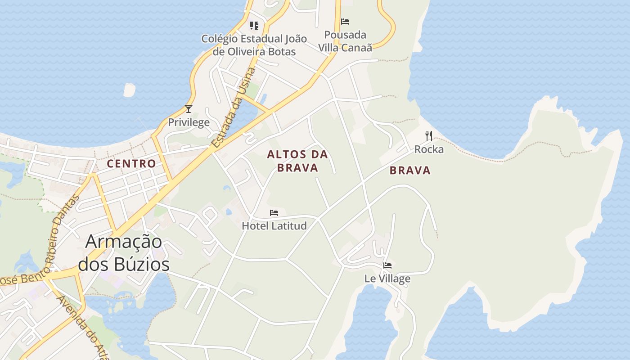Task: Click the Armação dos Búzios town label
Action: pyautogui.click(x=124, y=253)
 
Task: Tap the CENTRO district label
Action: pyautogui.click(x=131, y=164)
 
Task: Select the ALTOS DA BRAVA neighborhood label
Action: pyautogui.click(x=297, y=161)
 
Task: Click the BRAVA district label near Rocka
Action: pyautogui.click(x=410, y=171)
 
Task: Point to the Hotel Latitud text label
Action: pyautogui.click(x=274, y=225)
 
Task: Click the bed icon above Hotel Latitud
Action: pyautogui.click(x=274, y=213)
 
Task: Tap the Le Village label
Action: pyautogui.click(x=387, y=279)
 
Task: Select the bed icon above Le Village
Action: pyautogui.click(x=387, y=265)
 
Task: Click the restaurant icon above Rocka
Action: pyautogui.click(x=429, y=135)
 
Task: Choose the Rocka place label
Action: pyautogui.click(x=429, y=149)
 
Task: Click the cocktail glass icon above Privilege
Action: pyautogui.click(x=189, y=109)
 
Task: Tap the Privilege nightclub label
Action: pyautogui.click(x=189, y=122)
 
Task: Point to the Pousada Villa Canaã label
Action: pyautogui.click(x=345, y=41)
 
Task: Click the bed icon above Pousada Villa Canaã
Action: pyautogui.click(x=345, y=22)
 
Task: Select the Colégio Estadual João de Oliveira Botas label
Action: pyautogui.click(x=254, y=45)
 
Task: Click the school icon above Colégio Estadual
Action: pyautogui.click(x=254, y=26)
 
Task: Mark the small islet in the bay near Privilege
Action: pyautogui.click(x=129, y=90)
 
